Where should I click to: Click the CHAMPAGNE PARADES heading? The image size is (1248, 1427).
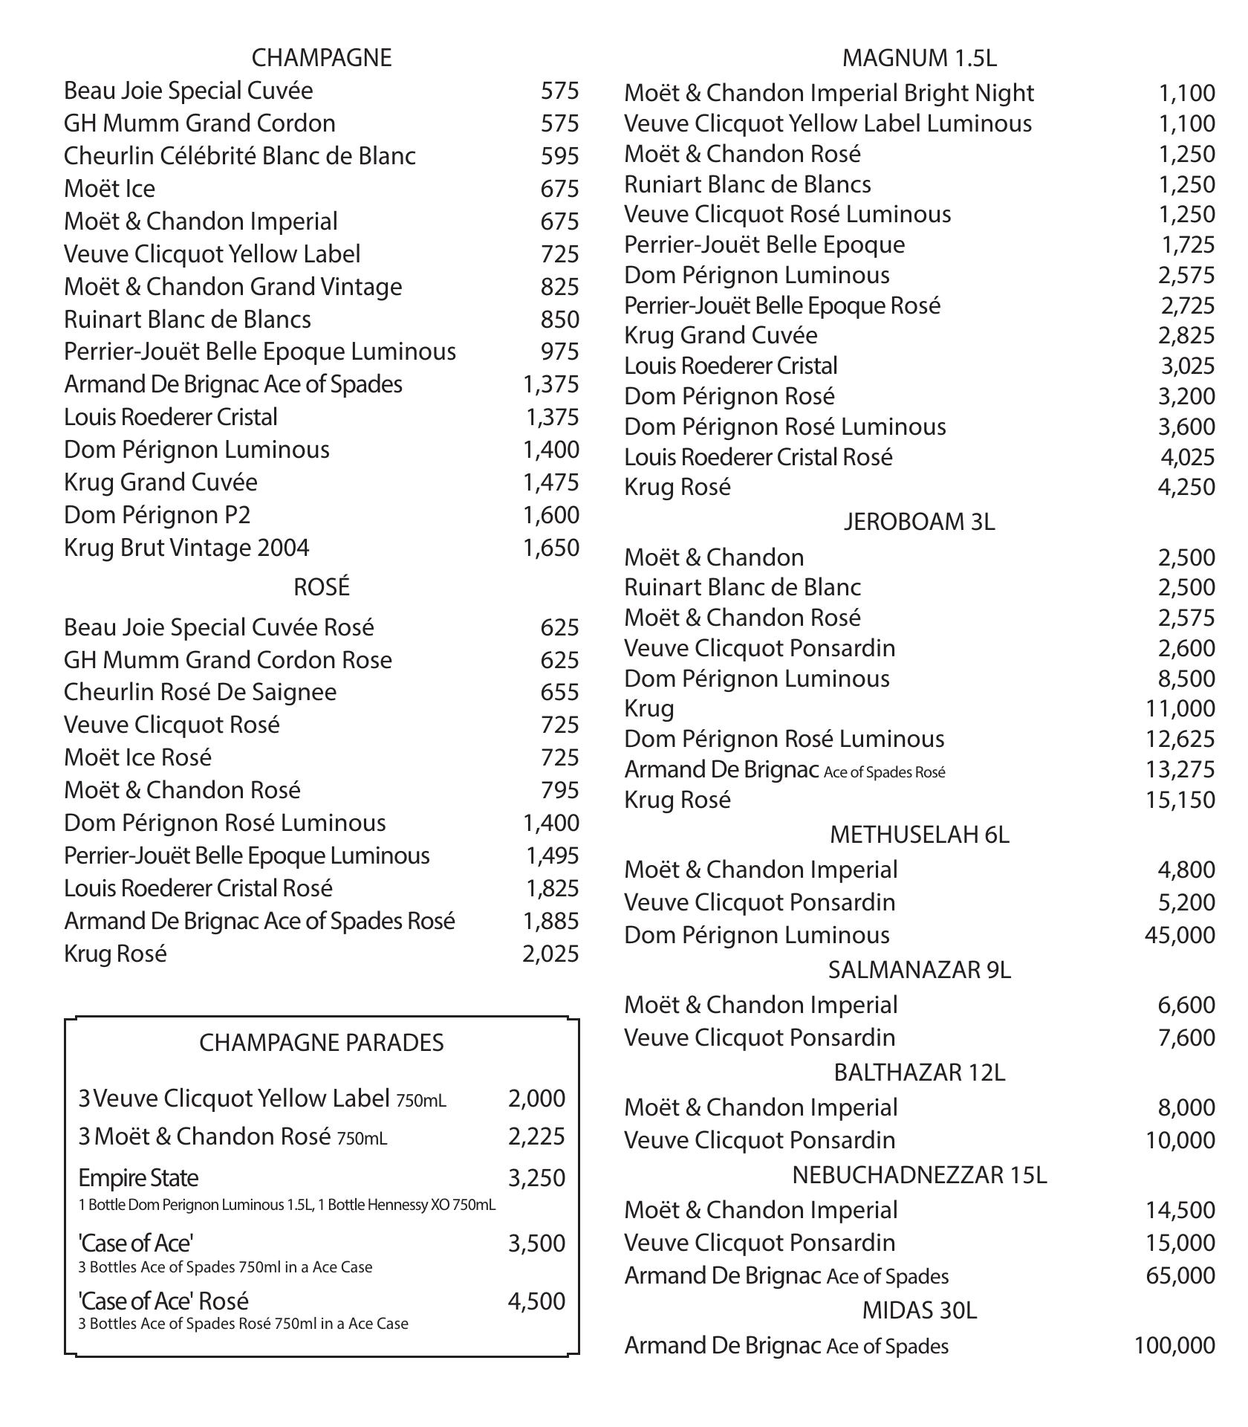pos(321,1043)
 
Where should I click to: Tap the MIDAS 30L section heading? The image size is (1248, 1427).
pos(919,1310)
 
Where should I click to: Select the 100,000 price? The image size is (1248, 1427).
pos(1174,1345)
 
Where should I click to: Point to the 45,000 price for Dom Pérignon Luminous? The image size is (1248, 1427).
pos(1180,935)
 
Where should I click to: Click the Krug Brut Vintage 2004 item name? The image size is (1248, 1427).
pos(186,548)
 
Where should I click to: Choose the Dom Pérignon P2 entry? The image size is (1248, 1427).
pos(157,515)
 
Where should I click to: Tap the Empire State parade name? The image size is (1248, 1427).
pos(138,1178)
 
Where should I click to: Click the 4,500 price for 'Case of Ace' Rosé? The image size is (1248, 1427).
pos(536,1301)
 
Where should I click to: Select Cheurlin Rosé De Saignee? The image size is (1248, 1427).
pos(200,692)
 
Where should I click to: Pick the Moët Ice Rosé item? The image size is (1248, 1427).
pos(137,757)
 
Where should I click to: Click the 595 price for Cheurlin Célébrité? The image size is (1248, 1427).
pos(559,156)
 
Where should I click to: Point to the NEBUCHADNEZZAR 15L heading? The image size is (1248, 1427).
pos(919,1175)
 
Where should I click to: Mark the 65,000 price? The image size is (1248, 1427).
pos(1180,1275)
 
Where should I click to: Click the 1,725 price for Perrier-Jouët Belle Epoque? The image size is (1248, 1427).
pos(1188,245)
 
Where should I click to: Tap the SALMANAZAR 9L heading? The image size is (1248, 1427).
pos(919,970)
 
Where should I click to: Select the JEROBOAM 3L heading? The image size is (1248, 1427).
pos(919,522)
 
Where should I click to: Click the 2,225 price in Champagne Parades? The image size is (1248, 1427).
pos(536,1136)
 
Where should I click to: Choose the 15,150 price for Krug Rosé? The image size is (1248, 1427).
pos(1180,800)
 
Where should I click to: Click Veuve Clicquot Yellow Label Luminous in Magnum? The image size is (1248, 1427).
pos(828,123)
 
